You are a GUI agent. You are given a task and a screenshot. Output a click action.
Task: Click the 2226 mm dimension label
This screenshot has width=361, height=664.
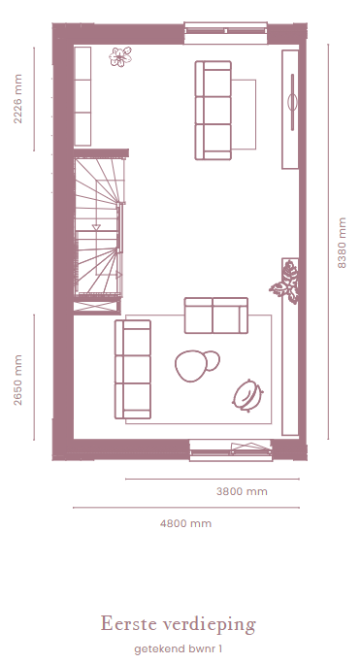pyautogui.click(x=17, y=99)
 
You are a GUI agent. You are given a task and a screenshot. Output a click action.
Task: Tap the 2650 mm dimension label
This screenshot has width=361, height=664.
pyautogui.click(x=17, y=380)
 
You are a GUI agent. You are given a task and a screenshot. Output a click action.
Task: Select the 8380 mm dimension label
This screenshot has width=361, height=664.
pyautogui.click(x=342, y=243)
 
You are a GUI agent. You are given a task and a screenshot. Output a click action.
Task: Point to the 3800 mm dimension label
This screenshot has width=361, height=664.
pyautogui.click(x=242, y=491)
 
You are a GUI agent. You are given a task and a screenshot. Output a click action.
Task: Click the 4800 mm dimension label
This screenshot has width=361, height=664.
pyautogui.click(x=185, y=523)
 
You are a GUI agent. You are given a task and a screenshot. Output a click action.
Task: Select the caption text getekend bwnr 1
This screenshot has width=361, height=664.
pyautogui.click(x=179, y=648)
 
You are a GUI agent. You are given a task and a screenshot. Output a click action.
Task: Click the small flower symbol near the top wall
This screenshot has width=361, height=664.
pyautogui.click(x=120, y=56)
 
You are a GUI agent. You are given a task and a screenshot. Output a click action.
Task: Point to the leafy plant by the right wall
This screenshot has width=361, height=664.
pyautogui.click(x=285, y=282)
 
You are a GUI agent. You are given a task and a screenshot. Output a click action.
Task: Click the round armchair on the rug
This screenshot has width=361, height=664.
pyautogui.click(x=247, y=395)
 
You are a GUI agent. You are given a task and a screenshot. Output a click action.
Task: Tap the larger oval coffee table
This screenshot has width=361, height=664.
pyautogui.click(x=191, y=367)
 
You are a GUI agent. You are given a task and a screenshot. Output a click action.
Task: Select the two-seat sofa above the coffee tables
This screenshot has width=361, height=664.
pyautogui.click(x=215, y=315)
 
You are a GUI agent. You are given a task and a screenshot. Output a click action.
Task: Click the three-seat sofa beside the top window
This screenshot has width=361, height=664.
pyautogui.click(x=213, y=111)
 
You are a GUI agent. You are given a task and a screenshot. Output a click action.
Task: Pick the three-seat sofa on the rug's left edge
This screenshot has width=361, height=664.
pyautogui.click(x=133, y=369)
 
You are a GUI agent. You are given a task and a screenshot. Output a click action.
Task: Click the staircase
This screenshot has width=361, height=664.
pyautogui.click(x=99, y=227)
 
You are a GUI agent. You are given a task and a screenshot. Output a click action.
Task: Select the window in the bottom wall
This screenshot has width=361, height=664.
pyautogui.click(x=231, y=450)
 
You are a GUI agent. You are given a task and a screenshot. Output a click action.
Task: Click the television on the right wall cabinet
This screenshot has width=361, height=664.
pyautogui.click(x=292, y=102)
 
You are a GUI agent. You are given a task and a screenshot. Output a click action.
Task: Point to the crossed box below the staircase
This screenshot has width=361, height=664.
pyautogui.click(x=97, y=307)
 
